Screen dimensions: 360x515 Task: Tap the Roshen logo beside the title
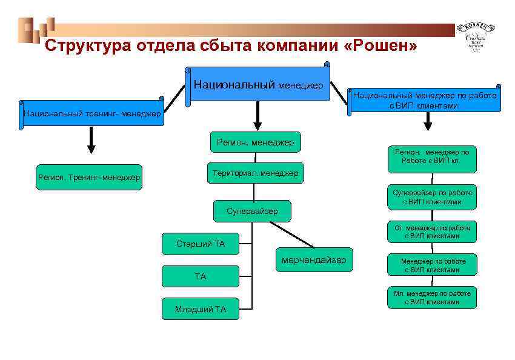coord(479,36)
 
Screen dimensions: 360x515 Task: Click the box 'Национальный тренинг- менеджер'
coord(92,113)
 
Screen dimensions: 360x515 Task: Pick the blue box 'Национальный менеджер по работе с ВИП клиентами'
coord(424,100)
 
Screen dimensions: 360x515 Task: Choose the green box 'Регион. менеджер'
coord(255,142)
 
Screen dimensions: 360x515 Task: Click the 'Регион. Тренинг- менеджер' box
coord(89,178)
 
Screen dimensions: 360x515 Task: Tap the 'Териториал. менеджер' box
coord(255,173)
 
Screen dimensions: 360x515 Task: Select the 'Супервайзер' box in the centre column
coord(252,211)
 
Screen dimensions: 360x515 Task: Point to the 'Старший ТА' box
coord(201,244)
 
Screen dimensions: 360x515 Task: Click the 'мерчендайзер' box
coord(314,260)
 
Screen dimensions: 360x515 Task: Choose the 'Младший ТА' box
coord(201,309)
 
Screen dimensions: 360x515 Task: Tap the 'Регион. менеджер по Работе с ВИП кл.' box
coord(431,156)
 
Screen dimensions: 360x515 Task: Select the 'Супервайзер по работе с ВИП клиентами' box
coord(431,197)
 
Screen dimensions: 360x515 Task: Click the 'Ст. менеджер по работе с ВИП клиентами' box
coord(431,232)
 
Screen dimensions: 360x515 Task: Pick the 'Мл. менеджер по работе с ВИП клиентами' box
coord(431,298)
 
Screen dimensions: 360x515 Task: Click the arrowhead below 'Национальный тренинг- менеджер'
coord(91,148)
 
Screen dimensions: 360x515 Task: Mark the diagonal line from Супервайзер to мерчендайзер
coord(292,235)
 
